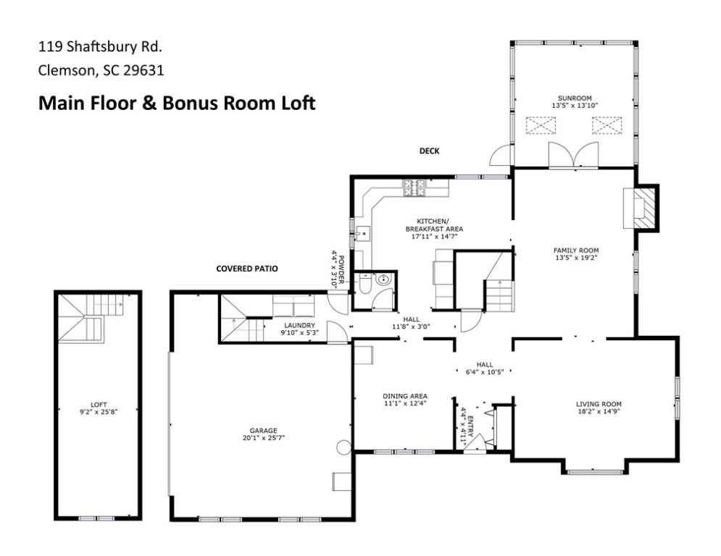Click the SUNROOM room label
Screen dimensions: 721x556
[575, 98]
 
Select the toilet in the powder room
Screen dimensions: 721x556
[365, 284]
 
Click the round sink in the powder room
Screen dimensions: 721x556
[383, 279]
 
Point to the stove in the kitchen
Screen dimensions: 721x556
[415, 188]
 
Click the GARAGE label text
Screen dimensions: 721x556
[264, 431]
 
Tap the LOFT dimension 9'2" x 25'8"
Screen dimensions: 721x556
[99, 412]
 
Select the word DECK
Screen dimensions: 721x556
[429, 151]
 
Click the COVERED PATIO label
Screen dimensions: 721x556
[247, 269]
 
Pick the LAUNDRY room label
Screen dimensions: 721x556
[299, 325]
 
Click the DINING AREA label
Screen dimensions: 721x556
[405, 396]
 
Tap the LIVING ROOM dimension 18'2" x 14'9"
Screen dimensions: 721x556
[599, 412]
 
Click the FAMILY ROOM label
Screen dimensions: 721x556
[575, 250]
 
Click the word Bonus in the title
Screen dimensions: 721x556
[188, 103]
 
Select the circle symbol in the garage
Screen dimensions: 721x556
[343, 447]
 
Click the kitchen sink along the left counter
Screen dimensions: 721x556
[363, 233]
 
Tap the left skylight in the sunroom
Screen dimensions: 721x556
[541, 125]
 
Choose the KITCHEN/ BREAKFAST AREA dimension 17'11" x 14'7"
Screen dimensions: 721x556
[434, 237]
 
